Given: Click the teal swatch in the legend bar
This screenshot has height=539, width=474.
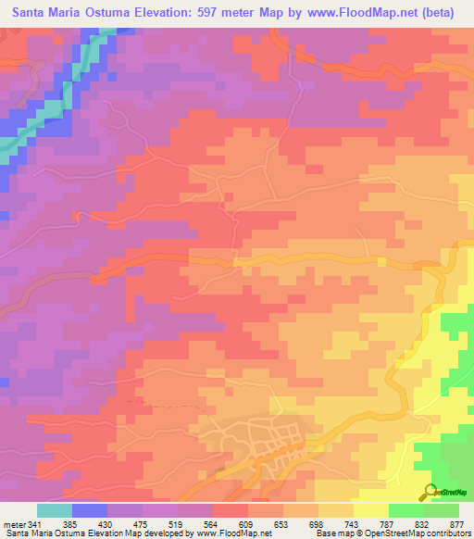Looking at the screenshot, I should click(54, 510).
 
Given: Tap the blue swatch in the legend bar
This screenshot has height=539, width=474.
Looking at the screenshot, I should click(89, 510).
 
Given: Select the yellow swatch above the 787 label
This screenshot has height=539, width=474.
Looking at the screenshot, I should click(370, 510).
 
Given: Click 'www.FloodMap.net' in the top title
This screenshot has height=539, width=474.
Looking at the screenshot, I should click(364, 13).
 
